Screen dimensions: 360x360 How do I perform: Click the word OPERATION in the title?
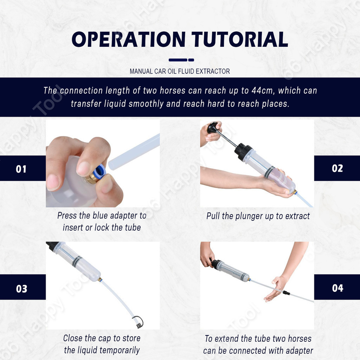click(x=129, y=39)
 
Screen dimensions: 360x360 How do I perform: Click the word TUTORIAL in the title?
click(x=240, y=39)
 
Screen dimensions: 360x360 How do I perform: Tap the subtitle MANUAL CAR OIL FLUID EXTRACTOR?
click(x=180, y=71)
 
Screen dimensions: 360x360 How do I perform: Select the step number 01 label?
click(x=21, y=169)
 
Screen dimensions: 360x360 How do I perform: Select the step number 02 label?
click(x=337, y=168)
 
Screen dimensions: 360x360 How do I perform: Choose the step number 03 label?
click(x=21, y=289)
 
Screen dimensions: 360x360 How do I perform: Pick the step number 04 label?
click(x=337, y=288)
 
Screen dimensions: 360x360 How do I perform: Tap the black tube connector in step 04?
click(x=286, y=293)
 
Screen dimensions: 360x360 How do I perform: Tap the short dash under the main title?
click(x=191, y=60)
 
